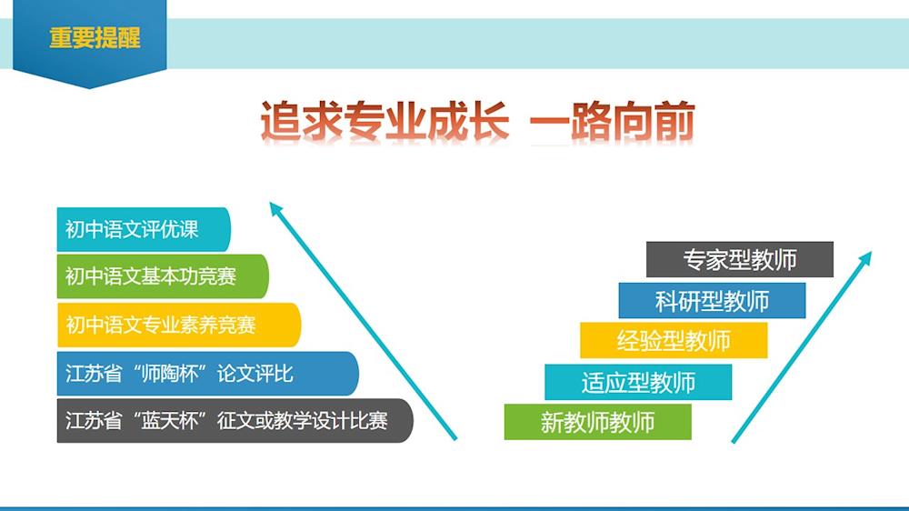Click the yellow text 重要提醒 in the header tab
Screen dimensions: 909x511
pyautogui.click(x=95, y=37)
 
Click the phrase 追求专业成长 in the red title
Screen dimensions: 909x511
pyautogui.click(x=385, y=122)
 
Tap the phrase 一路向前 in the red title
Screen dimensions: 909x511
pyautogui.click(x=612, y=122)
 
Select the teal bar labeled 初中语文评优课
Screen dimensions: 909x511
pyautogui.click(x=144, y=229)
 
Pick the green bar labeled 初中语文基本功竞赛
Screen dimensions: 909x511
pyautogui.click(x=163, y=276)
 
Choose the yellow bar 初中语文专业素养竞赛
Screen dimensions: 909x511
pyautogui.click(x=179, y=325)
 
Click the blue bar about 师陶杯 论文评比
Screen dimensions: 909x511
pyautogui.click(x=207, y=374)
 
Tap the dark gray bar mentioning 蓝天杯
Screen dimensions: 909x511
pyautogui.click(x=235, y=420)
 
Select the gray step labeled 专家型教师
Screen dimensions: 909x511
pyautogui.click(x=740, y=259)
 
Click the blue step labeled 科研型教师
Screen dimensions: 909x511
pyautogui.click(x=712, y=300)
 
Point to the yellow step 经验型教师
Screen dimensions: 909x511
pyautogui.click(x=674, y=340)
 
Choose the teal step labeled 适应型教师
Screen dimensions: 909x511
pyautogui.click(x=638, y=382)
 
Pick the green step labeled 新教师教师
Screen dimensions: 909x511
pyautogui.click(x=598, y=422)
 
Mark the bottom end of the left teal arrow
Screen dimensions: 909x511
pyautogui.click(x=455, y=439)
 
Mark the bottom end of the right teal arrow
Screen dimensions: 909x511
pyautogui.click(x=734, y=442)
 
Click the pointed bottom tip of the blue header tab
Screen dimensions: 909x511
pyautogui.click(x=89, y=88)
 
